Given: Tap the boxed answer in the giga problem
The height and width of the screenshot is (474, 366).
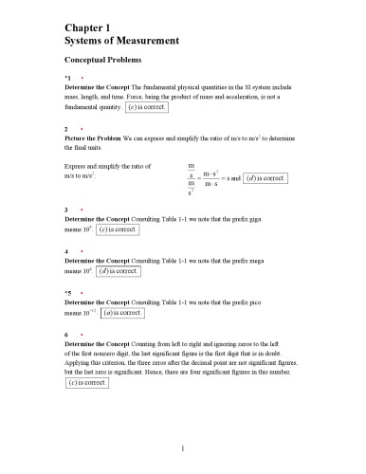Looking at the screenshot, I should point(119,229).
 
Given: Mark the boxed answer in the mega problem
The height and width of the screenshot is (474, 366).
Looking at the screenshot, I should point(119,271).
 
